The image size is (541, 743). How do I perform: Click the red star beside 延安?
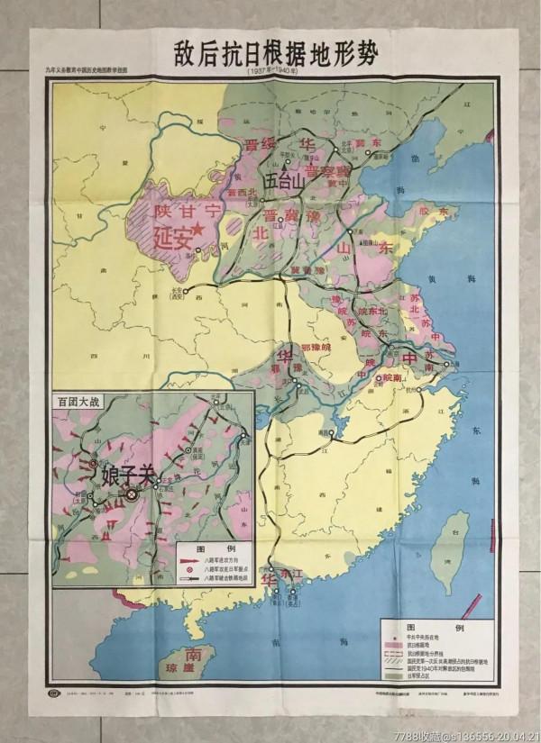(x=198, y=233)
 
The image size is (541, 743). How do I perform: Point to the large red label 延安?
(x=174, y=240)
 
